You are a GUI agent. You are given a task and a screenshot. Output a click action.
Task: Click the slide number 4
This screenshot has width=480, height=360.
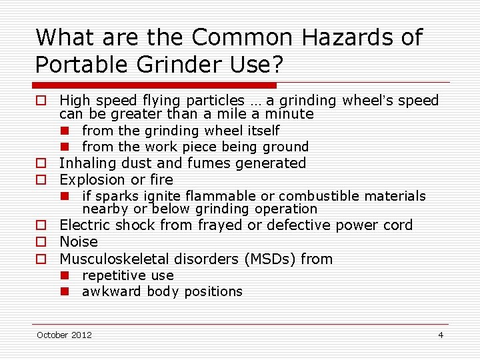tap(441, 335)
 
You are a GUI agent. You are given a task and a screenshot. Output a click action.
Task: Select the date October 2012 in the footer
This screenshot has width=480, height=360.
tap(65, 335)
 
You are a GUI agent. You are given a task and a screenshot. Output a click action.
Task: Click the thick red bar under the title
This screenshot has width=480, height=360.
tap(155, 85)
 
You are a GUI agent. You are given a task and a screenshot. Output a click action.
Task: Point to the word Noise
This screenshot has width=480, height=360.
tap(79, 242)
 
